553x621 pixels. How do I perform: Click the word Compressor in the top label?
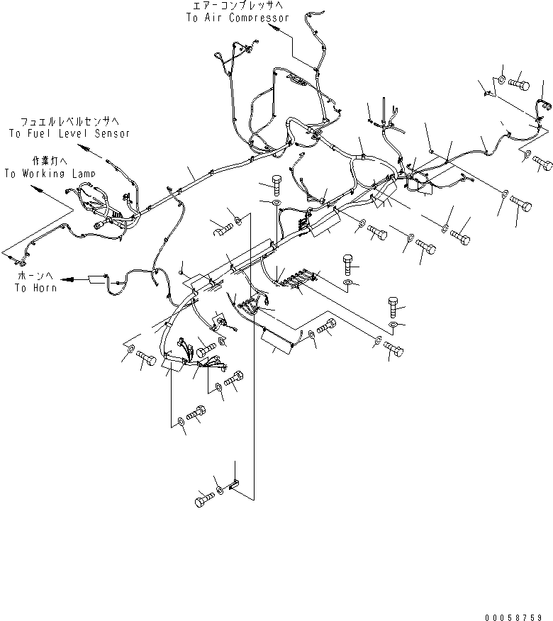pyautogui.click(x=259, y=18)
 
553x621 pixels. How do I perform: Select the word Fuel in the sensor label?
pyautogui.click(x=39, y=133)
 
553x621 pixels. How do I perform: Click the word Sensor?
pyautogui.click(x=112, y=133)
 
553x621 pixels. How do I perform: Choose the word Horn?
pyautogui.click(x=45, y=288)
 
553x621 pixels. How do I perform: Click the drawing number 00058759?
pyautogui.click(x=513, y=617)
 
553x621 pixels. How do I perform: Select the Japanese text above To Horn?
pyautogui.click(x=35, y=276)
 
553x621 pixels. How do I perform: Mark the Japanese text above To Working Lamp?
pyautogui.click(x=50, y=161)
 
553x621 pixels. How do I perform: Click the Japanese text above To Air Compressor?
pyautogui.click(x=238, y=6)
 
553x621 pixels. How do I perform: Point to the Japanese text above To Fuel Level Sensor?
pyautogui.click(x=69, y=121)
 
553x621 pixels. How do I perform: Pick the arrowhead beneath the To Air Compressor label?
pyautogui.click(x=273, y=28)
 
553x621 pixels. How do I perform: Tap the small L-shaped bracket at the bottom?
pyautogui.click(x=234, y=484)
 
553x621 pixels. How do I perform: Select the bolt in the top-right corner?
pyautogui.click(x=520, y=84)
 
